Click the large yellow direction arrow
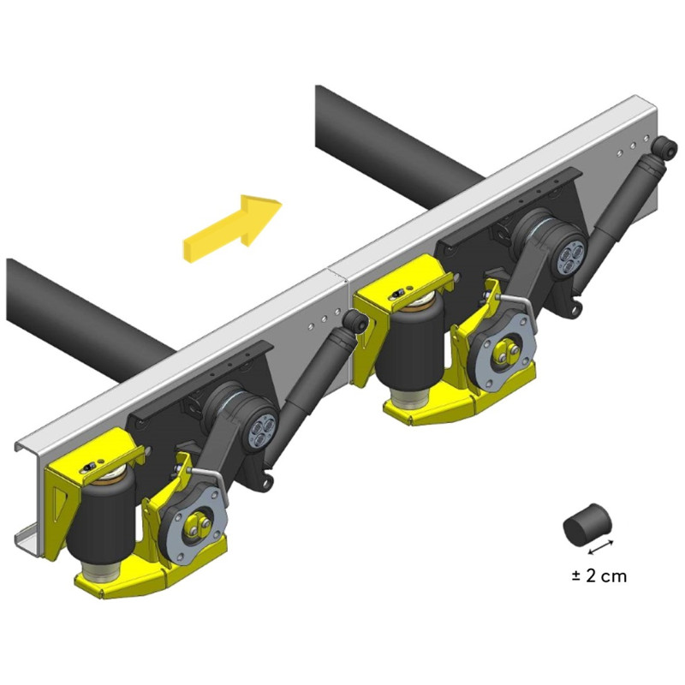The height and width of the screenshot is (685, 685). [x=231, y=229]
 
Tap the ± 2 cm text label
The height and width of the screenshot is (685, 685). [x=599, y=575]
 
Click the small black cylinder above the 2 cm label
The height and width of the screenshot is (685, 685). [x=586, y=524]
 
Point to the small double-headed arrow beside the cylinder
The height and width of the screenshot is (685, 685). [x=601, y=547]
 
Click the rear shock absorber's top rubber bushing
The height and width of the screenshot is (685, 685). [x=664, y=147]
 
